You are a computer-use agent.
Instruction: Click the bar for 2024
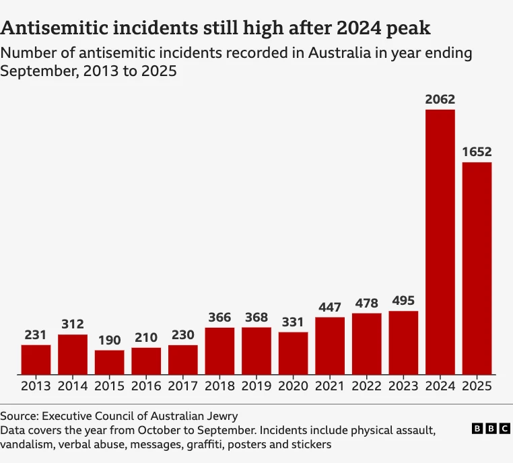pyautogui.click(x=440, y=242)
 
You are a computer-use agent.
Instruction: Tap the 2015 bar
pyautogui.click(x=109, y=362)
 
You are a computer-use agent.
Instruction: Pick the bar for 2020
pyautogui.click(x=293, y=353)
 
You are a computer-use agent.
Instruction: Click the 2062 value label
pyautogui.click(x=440, y=100)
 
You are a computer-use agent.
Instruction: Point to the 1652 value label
pyautogui.click(x=477, y=152)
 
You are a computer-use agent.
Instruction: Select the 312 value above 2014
pyautogui.click(x=72, y=324)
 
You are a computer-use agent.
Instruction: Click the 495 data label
pyautogui.click(x=403, y=301)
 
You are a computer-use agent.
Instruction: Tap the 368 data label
pyautogui.click(x=256, y=318)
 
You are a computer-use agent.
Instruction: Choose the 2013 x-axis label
pyautogui.click(x=36, y=386)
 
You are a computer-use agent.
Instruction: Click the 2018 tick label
pyautogui.click(x=219, y=386)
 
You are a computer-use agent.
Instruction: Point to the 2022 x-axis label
pyautogui.click(x=366, y=386)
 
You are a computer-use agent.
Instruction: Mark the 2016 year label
pyautogui.click(x=146, y=386)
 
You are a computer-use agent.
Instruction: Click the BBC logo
pyautogui.click(x=491, y=429)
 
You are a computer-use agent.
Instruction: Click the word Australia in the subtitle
pyautogui.click(x=336, y=52)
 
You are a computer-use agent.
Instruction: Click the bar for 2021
pyautogui.click(x=329, y=346)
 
